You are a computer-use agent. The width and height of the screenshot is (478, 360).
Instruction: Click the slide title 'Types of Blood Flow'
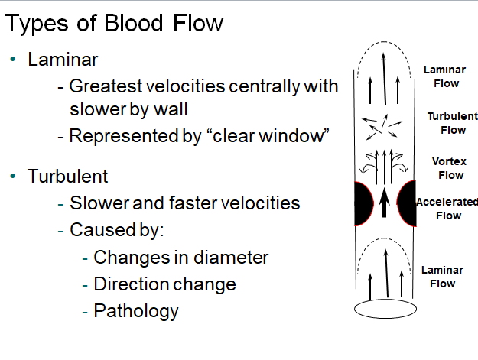pyautogui.click(x=114, y=24)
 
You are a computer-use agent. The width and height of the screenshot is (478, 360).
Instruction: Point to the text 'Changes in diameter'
pyautogui.click(x=181, y=258)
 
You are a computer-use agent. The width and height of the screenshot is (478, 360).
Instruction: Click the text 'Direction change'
pyautogui.click(x=164, y=284)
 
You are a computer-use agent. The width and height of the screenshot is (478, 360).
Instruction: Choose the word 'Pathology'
pyautogui.click(x=136, y=311)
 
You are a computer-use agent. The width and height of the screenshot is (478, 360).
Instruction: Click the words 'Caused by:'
pyautogui.click(x=112, y=230)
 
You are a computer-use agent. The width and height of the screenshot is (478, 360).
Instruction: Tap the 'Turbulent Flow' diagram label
pyautogui.click(x=452, y=123)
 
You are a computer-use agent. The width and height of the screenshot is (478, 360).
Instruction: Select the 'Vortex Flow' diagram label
pyautogui.click(x=450, y=168)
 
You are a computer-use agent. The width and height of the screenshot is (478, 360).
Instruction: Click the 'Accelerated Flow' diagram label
pyautogui.click(x=448, y=209)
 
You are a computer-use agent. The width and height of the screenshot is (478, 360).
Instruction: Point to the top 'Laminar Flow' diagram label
pyautogui.click(x=444, y=76)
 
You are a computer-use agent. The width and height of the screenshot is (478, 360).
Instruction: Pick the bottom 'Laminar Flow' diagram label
pyautogui.click(x=442, y=277)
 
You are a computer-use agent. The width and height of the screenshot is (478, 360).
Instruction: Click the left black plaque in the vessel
pyautogui.click(x=363, y=204)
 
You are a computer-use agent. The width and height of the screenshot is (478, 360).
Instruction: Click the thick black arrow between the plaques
pyautogui.click(x=385, y=203)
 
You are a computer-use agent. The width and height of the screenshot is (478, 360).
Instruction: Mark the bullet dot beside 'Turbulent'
pyautogui.click(x=13, y=177)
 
